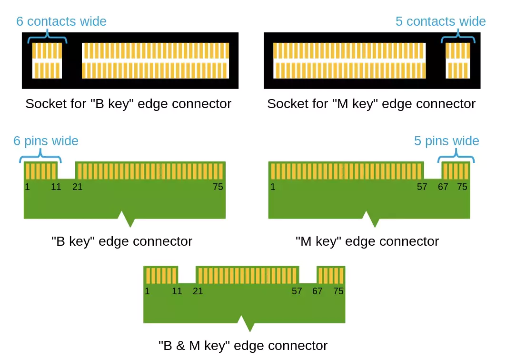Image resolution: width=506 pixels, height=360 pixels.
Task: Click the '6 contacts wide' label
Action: click(x=61, y=21)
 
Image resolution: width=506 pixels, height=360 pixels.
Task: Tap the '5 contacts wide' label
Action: click(x=440, y=21)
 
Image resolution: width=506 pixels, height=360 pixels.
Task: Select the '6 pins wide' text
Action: click(x=46, y=141)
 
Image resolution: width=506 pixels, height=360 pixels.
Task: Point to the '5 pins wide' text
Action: click(x=446, y=141)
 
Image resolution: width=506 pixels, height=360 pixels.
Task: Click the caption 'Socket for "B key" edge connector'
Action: click(x=129, y=104)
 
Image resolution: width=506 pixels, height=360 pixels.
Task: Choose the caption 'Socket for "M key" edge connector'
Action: click(x=371, y=104)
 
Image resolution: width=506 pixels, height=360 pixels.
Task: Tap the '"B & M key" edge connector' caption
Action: click(x=243, y=345)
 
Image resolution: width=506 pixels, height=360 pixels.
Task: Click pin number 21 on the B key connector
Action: click(x=78, y=187)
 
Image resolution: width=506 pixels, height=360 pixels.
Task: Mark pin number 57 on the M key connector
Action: click(x=422, y=187)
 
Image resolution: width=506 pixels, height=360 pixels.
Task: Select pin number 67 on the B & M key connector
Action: click(x=317, y=291)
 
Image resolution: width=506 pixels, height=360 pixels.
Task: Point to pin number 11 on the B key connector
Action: click(x=56, y=187)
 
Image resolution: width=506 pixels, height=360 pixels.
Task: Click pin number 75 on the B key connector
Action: click(x=218, y=187)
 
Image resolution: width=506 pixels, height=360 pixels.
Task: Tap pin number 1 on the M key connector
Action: click(x=273, y=187)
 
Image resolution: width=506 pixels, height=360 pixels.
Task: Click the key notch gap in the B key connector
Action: click(x=66, y=170)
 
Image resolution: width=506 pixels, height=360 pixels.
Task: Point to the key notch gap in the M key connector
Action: click(x=433, y=170)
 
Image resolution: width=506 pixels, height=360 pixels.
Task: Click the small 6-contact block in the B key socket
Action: click(x=47, y=60)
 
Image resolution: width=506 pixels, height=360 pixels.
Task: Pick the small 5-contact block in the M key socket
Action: click(x=458, y=60)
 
